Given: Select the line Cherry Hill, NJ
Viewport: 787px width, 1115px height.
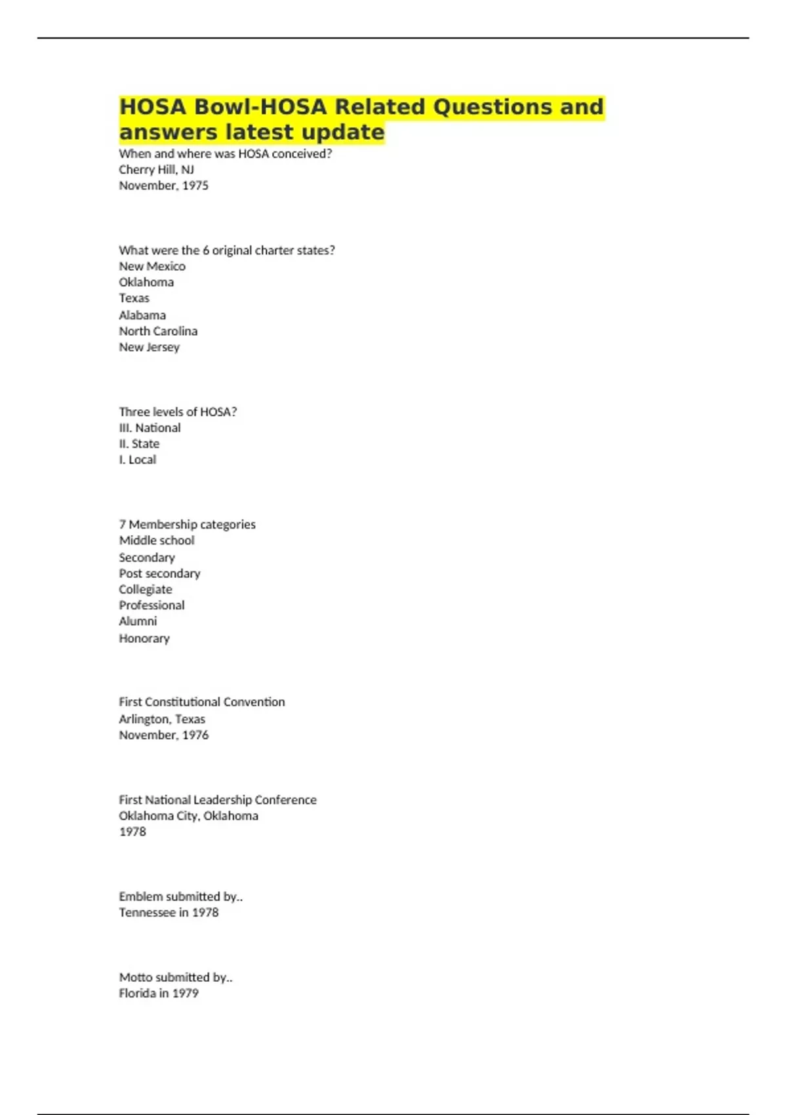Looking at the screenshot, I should [156, 169].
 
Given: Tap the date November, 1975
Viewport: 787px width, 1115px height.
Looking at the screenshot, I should [163, 186].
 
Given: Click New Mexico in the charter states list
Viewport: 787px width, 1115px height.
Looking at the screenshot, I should [152, 266].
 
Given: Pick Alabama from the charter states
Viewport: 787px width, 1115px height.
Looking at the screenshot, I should [142, 315].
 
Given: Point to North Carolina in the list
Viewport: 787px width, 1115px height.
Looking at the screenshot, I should [158, 331].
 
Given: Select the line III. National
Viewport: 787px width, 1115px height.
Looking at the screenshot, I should [150, 428].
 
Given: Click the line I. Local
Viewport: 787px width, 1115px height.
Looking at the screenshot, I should [137, 460].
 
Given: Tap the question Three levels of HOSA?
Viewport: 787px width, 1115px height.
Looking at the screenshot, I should [178, 412].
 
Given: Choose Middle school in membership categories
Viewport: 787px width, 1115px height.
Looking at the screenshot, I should [157, 540].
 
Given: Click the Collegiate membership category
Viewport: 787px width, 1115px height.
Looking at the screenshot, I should [146, 589].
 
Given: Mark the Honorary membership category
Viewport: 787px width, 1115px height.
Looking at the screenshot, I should [144, 638].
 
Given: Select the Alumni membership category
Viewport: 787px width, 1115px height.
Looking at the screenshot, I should [138, 621].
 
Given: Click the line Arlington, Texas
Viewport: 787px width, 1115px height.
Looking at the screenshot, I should [162, 719].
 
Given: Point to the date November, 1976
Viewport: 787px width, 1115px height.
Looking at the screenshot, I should [163, 735].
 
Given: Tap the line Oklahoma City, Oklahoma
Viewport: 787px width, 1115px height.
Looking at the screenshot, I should [188, 816].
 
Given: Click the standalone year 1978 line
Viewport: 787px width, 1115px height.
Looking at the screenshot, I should [132, 832].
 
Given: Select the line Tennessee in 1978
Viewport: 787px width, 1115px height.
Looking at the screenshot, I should [169, 912].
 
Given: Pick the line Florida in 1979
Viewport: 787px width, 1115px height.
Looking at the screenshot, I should [159, 993].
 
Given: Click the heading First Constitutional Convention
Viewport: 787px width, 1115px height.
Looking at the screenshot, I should [202, 702].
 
